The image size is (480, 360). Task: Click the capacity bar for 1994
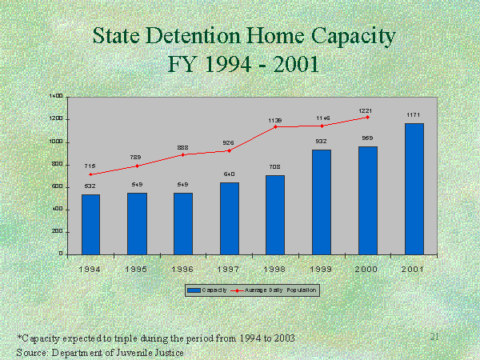[91, 224]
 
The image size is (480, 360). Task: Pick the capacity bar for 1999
[321, 202]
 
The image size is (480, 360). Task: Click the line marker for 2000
[367, 117]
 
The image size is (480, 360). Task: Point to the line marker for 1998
[275, 126]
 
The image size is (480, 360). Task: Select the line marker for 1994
[91, 174]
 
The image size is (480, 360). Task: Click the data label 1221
[367, 109]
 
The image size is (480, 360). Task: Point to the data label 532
[91, 186]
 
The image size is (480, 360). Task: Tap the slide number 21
[435, 337]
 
